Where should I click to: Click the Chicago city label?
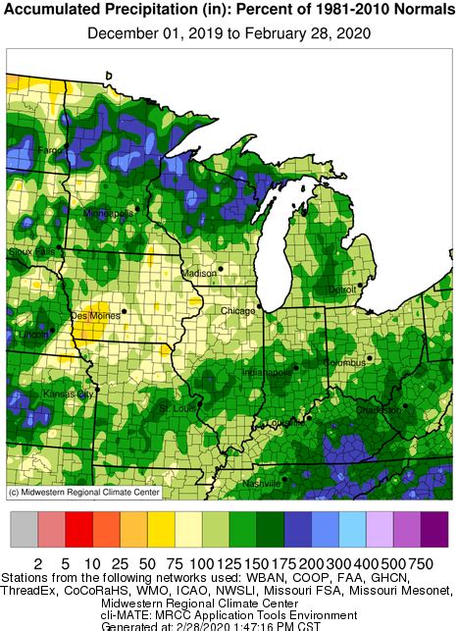tap(237, 310)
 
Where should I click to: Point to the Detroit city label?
tap(342, 289)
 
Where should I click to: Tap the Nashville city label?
tap(262, 484)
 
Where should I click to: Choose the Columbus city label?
tap(344, 363)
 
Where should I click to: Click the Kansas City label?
tap(68, 394)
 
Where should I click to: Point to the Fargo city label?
tap(50, 151)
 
